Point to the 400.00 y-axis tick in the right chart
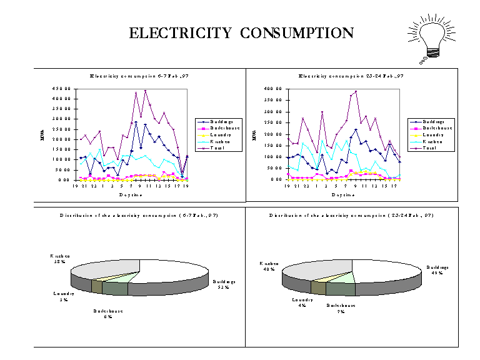coord(274,89)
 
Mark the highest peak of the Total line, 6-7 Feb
coord(146,91)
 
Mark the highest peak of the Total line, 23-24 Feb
coord(356,91)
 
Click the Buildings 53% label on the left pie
coord(222,284)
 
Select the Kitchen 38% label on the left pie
coord(60,259)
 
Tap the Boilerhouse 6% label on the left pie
coord(108,314)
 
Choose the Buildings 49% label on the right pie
coord(437,270)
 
